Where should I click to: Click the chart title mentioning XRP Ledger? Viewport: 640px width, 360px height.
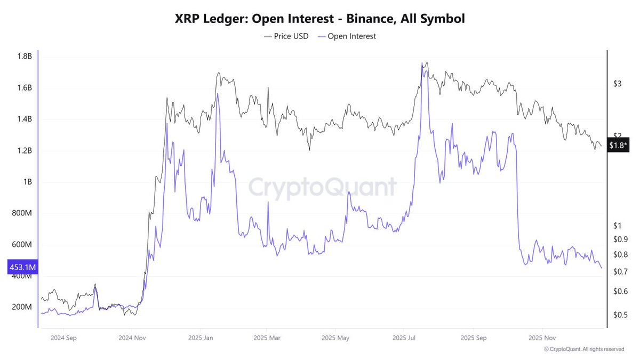(320, 19)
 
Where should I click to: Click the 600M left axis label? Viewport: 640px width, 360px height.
(21, 245)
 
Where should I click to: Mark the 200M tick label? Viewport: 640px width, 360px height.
(21, 308)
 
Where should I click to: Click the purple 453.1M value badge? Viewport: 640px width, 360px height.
(21, 267)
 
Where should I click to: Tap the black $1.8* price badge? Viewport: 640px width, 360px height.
(619, 146)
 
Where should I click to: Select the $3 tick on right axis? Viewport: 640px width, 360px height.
(618, 84)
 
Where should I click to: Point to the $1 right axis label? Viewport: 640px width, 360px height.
(618, 226)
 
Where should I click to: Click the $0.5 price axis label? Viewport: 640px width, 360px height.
(620, 315)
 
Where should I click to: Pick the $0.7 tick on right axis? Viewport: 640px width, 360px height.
(620, 272)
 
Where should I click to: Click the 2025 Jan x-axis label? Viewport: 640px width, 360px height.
(201, 338)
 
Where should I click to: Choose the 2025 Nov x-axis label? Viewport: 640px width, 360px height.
(542, 338)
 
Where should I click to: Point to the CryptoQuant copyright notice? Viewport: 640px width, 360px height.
(584, 349)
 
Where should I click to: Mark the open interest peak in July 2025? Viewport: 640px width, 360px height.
(422, 64)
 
